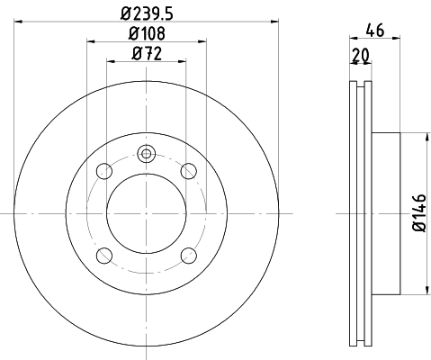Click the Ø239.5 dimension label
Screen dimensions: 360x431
coord(147,13)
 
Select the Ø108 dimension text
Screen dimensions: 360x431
coord(148,34)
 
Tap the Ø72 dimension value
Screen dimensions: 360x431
coord(148,54)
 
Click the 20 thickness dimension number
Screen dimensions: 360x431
coord(360,55)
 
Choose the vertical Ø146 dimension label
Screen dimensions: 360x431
coord(419,213)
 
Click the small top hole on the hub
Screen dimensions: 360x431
coord(147,153)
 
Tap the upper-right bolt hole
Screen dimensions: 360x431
coord(188,171)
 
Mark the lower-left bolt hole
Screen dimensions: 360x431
coord(105,254)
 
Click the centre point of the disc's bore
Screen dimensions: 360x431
coord(147,213)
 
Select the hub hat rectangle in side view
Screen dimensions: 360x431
coord(384,213)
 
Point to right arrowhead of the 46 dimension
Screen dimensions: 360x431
coord(396,40)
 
